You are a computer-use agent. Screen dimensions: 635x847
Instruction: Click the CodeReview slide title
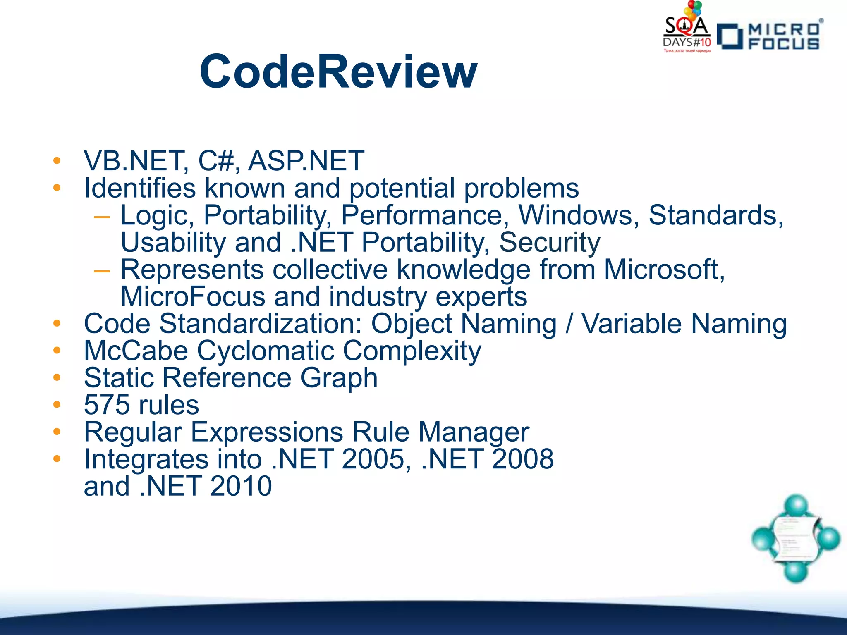coord(338,72)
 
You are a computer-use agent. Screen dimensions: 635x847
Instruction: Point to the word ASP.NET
coord(306,161)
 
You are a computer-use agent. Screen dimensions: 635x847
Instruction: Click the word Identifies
coord(139,188)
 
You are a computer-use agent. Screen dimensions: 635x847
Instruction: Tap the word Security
coord(550,243)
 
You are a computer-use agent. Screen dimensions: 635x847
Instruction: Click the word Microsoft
coord(664,270)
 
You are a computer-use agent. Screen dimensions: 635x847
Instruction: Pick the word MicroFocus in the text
coord(193,297)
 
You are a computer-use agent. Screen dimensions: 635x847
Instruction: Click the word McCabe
coord(136,351)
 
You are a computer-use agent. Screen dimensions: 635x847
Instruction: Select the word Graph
coord(339,378)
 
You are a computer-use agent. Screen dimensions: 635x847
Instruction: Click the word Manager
coord(474,432)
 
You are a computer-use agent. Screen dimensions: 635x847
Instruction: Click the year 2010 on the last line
coord(241,486)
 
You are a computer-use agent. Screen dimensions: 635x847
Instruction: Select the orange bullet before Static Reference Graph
coord(57,377)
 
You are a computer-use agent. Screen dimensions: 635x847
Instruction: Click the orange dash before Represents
coord(102,271)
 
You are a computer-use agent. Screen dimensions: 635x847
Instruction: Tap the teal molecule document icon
coord(796,539)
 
